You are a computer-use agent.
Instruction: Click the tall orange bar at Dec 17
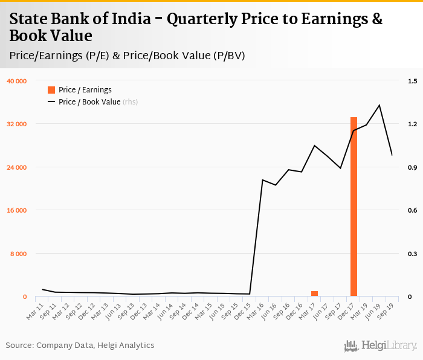tap(354, 207)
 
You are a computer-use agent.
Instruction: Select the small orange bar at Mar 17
tap(314, 294)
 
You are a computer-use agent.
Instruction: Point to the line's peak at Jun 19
tap(379, 105)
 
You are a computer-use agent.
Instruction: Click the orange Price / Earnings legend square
tap(51, 90)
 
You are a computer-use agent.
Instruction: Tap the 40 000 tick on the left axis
tap(17, 81)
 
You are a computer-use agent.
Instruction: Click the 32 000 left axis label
tap(17, 124)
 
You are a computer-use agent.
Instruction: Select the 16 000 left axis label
tap(17, 210)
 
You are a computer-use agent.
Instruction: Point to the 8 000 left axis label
tap(19, 254)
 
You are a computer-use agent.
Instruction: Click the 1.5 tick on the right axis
tap(412, 81)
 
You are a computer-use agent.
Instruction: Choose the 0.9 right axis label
tap(412, 167)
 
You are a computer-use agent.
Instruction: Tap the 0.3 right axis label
tap(412, 254)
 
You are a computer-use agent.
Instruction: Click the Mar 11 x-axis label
tap(36, 309)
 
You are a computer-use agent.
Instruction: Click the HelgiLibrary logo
tap(381, 346)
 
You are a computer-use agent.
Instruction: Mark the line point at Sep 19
tap(392, 155)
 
